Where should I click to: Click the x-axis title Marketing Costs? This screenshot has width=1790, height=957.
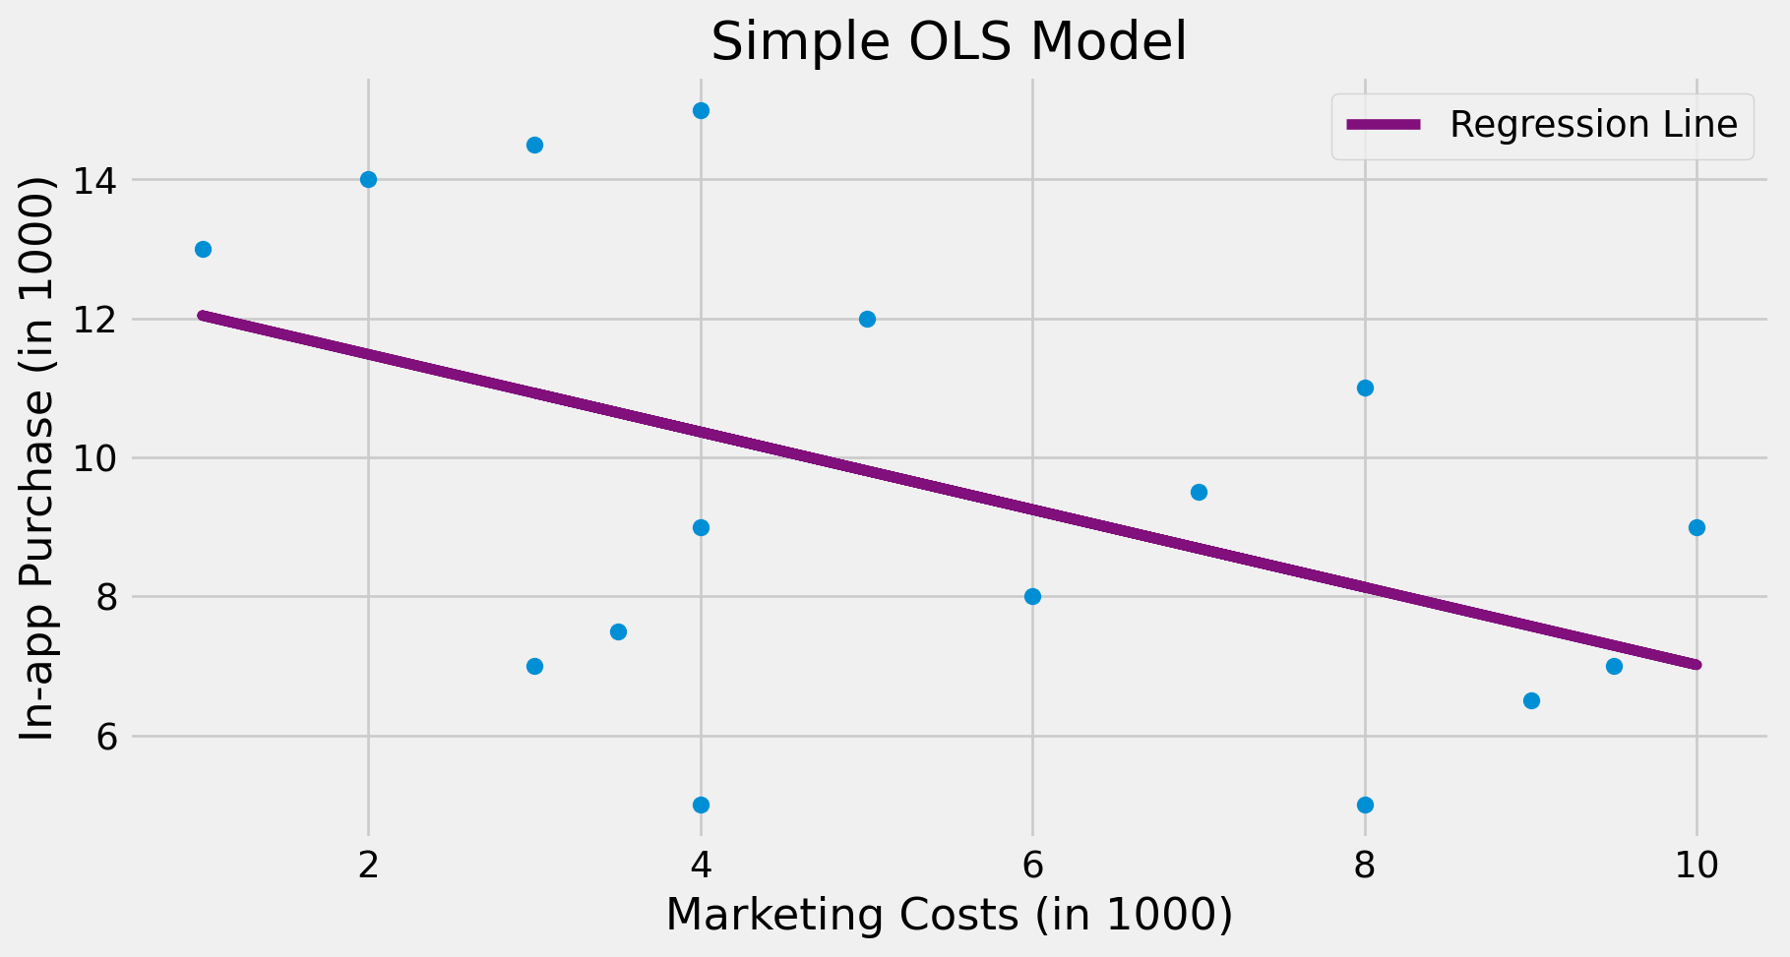pos(949,915)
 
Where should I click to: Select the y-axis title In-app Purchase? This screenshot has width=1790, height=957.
pos(37,458)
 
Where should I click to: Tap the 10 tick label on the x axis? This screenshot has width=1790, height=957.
pos(1696,866)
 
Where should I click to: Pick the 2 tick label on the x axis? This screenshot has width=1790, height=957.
pos(368,866)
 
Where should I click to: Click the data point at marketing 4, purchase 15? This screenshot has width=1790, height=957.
pos(701,110)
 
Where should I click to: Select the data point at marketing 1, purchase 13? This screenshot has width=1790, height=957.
pos(203,249)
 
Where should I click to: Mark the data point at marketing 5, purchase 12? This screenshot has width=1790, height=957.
pos(867,319)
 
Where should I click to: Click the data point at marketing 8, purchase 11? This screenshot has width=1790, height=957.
pos(1365,388)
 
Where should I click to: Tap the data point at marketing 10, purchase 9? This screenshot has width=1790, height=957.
pos(1697,527)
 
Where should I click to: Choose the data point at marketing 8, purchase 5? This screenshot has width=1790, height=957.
pos(1365,805)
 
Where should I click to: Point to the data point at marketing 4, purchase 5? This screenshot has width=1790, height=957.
pos(701,805)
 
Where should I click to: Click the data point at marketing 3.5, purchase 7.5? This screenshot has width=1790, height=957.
pos(618,631)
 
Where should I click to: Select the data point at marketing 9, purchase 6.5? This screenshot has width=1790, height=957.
pos(1531,700)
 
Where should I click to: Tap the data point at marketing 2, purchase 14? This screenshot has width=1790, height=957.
pos(368,179)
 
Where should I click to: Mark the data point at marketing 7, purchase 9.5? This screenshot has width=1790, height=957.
pos(1199,492)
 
